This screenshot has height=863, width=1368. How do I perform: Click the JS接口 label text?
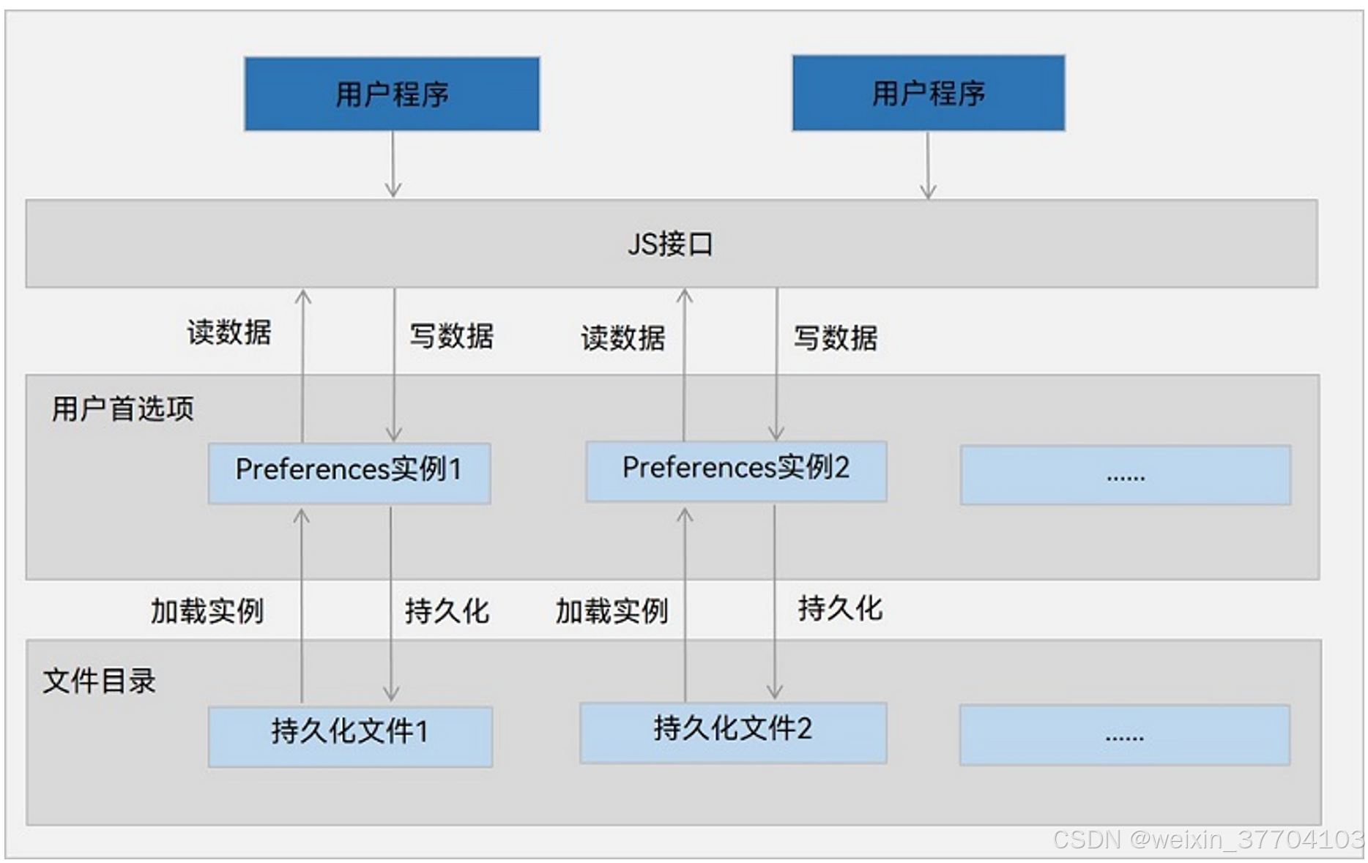[670, 244]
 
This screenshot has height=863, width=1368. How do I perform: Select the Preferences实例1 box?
[349, 473]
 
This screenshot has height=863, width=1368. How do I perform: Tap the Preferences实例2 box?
[736, 471]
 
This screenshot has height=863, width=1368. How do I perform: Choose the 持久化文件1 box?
[350, 736]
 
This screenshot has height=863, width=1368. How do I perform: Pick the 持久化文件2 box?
[733, 733]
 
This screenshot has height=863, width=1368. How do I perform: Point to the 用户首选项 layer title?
[123, 408]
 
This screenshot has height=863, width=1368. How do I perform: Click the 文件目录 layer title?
[99, 681]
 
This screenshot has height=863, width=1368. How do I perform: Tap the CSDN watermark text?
[1208, 839]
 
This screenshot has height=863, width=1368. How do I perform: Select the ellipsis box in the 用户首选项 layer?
[1126, 475]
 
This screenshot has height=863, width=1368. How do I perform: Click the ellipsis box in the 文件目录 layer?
[1125, 735]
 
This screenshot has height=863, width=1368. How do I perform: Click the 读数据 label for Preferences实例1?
[229, 332]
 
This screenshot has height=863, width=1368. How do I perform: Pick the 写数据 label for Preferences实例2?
[836, 338]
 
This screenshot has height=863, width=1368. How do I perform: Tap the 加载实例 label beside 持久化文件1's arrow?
[207, 611]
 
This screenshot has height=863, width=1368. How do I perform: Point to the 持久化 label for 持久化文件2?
[840, 608]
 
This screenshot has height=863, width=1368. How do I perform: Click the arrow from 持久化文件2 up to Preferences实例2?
[685, 605]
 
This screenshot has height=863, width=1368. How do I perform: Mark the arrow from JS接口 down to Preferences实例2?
[776, 364]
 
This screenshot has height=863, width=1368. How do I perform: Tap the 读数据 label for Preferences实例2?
[623, 338]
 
